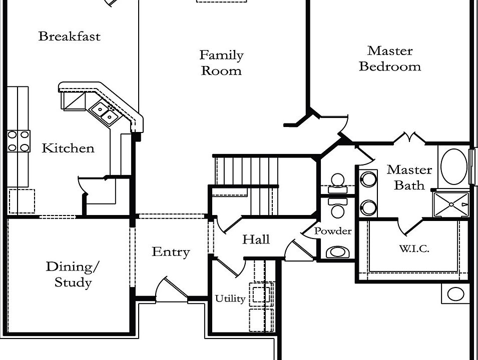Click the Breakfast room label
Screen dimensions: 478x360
[69, 36]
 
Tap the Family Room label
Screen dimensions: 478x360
[222, 63]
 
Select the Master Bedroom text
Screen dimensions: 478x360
[390, 58]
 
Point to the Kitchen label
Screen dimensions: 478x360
[68, 148]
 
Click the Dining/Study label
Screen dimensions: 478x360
[73, 274]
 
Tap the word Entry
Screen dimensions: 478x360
[171, 252]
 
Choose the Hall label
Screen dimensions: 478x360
[256, 239]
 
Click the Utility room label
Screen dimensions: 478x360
[230, 298]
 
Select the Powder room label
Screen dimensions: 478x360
[332, 231]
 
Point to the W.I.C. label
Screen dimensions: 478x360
[414, 249]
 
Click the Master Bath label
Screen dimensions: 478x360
[409, 177]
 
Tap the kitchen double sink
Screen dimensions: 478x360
[105, 112]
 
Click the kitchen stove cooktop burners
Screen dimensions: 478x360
[19, 141]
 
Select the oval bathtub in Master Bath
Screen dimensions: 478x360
[454, 166]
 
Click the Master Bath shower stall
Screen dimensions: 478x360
[451, 204]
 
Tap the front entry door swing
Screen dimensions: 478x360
[171, 289]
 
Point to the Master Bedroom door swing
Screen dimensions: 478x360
[334, 125]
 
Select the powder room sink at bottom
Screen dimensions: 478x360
[337, 252]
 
